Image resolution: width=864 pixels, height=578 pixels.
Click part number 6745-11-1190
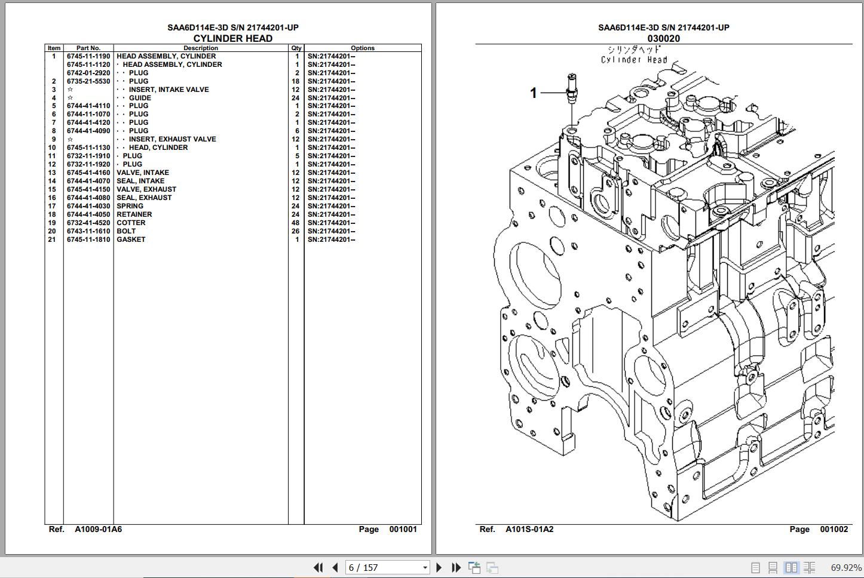[x=88, y=56]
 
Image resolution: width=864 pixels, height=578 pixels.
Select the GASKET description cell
[x=131, y=239]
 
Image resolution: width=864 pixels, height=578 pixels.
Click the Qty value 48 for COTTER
[x=295, y=223]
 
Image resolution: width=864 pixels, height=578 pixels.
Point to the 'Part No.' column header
[x=88, y=48]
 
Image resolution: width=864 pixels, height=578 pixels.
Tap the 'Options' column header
[x=362, y=48]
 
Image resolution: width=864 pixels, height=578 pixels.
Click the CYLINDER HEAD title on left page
[x=232, y=38]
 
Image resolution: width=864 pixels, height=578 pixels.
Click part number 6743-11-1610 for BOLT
[x=88, y=231]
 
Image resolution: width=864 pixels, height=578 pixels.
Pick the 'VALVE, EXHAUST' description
[x=146, y=189]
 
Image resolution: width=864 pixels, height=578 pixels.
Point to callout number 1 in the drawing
[x=534, y=93]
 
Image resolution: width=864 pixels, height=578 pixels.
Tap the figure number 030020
[x=663, y=38]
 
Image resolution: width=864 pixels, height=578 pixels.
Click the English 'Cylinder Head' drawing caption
[x=634, y=60]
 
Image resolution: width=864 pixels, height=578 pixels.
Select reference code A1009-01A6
[x=98, y=529]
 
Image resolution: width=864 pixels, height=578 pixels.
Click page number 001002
[x=834, y=529]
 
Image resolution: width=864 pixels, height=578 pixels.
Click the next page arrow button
[x=439, y=567]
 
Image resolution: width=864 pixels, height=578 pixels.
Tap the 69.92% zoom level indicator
[x=846, y=567]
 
